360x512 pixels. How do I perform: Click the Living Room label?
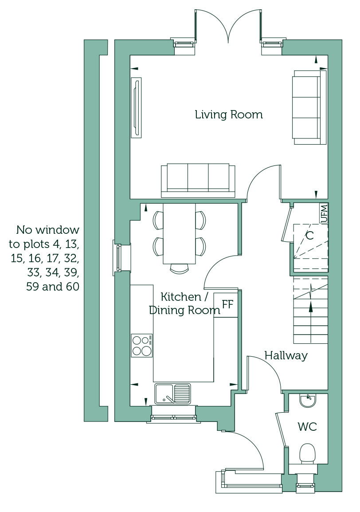229,114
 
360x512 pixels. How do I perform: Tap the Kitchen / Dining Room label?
184,303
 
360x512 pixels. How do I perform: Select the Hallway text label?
286,355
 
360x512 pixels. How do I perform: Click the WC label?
307,426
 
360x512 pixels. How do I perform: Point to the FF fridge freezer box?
226,305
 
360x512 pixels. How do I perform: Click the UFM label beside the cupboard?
324,213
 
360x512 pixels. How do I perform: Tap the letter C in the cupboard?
309,235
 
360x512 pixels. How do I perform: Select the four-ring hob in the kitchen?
142,346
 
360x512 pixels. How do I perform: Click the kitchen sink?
172,394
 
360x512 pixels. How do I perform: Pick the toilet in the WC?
307,454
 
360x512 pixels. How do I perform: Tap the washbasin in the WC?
308,401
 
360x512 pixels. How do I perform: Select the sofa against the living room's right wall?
309,107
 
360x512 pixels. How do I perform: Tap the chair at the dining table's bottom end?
180,268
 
